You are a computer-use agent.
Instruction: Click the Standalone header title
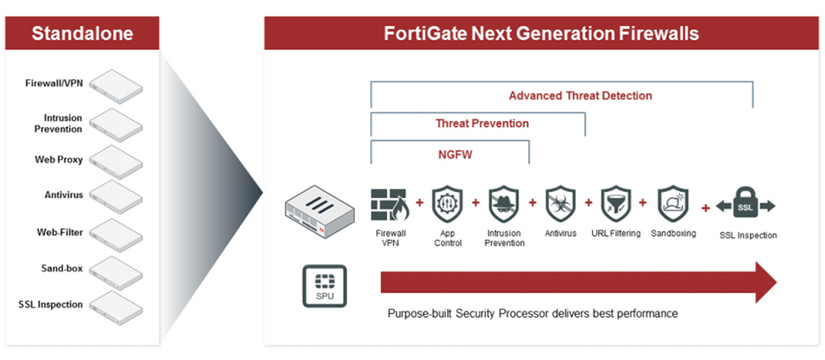point(82,34)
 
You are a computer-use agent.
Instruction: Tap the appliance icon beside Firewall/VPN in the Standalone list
point(115,86)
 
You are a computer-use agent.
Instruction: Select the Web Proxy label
point(58,160)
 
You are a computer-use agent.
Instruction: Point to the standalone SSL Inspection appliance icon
point(115,307)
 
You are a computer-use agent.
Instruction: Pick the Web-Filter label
point(59,232)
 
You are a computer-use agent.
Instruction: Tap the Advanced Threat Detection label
point(580,96)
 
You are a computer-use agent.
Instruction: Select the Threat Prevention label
point(482,124)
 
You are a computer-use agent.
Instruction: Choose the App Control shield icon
point(447,205)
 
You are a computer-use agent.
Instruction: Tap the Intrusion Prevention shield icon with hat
point(504,205)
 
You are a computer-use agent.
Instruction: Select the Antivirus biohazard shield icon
point(561,205)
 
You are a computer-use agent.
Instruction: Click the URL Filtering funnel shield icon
point(616,205)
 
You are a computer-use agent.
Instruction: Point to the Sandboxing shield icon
point(673,205)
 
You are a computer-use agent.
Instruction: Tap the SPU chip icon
point(325,286)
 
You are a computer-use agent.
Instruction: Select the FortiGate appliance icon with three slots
point(319,209)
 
